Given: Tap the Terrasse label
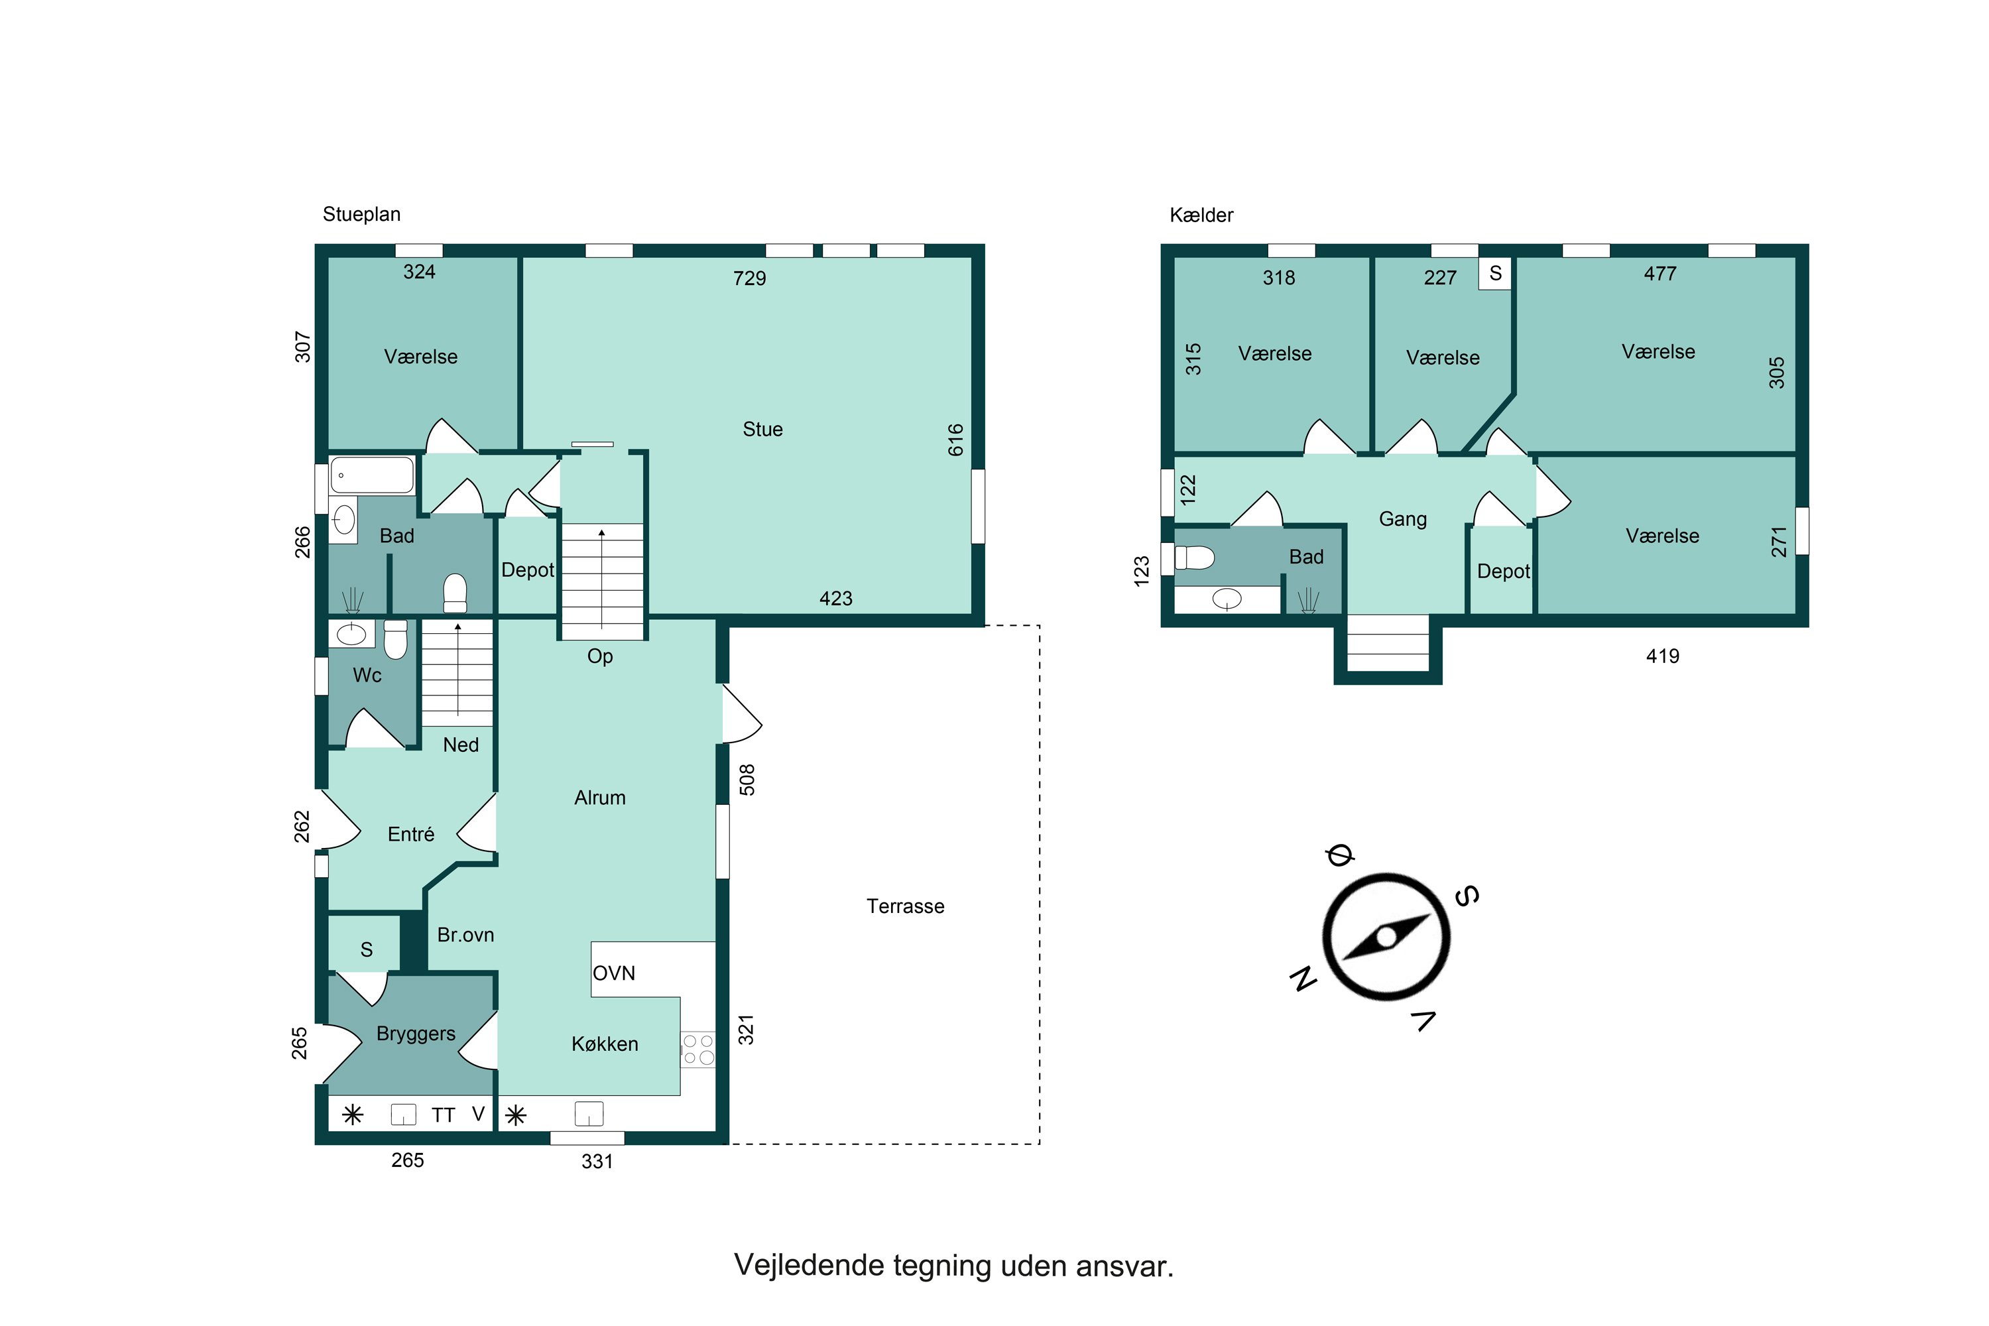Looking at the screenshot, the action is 905,906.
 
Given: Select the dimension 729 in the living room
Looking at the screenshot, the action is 749,278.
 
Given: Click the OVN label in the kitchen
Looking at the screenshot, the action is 613,973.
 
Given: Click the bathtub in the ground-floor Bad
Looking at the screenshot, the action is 372,475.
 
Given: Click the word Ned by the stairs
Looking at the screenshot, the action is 461,745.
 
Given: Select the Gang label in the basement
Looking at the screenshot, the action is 1402,519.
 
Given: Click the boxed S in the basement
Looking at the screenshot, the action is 1494,273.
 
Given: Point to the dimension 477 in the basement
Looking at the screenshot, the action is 1659,274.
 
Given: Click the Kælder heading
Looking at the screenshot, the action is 1201,215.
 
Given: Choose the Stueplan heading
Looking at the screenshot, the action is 361,215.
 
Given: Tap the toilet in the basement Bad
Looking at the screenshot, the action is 1194,558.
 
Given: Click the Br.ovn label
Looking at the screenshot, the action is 465,935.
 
